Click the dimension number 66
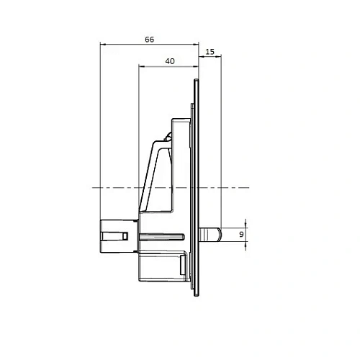tap(149, 40)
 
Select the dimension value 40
tap(170, 61)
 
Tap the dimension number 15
tap(210, 52)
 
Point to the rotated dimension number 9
tap(240, 234)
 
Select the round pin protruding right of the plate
tap(210, 234)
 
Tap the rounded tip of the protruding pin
tap(218, 234)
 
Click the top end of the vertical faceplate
tap(197, 80)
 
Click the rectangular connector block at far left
tap(112, 235)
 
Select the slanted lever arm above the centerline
tap(152, 173)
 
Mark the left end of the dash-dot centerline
tap(93, 188)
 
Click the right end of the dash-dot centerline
tap(249, 188)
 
